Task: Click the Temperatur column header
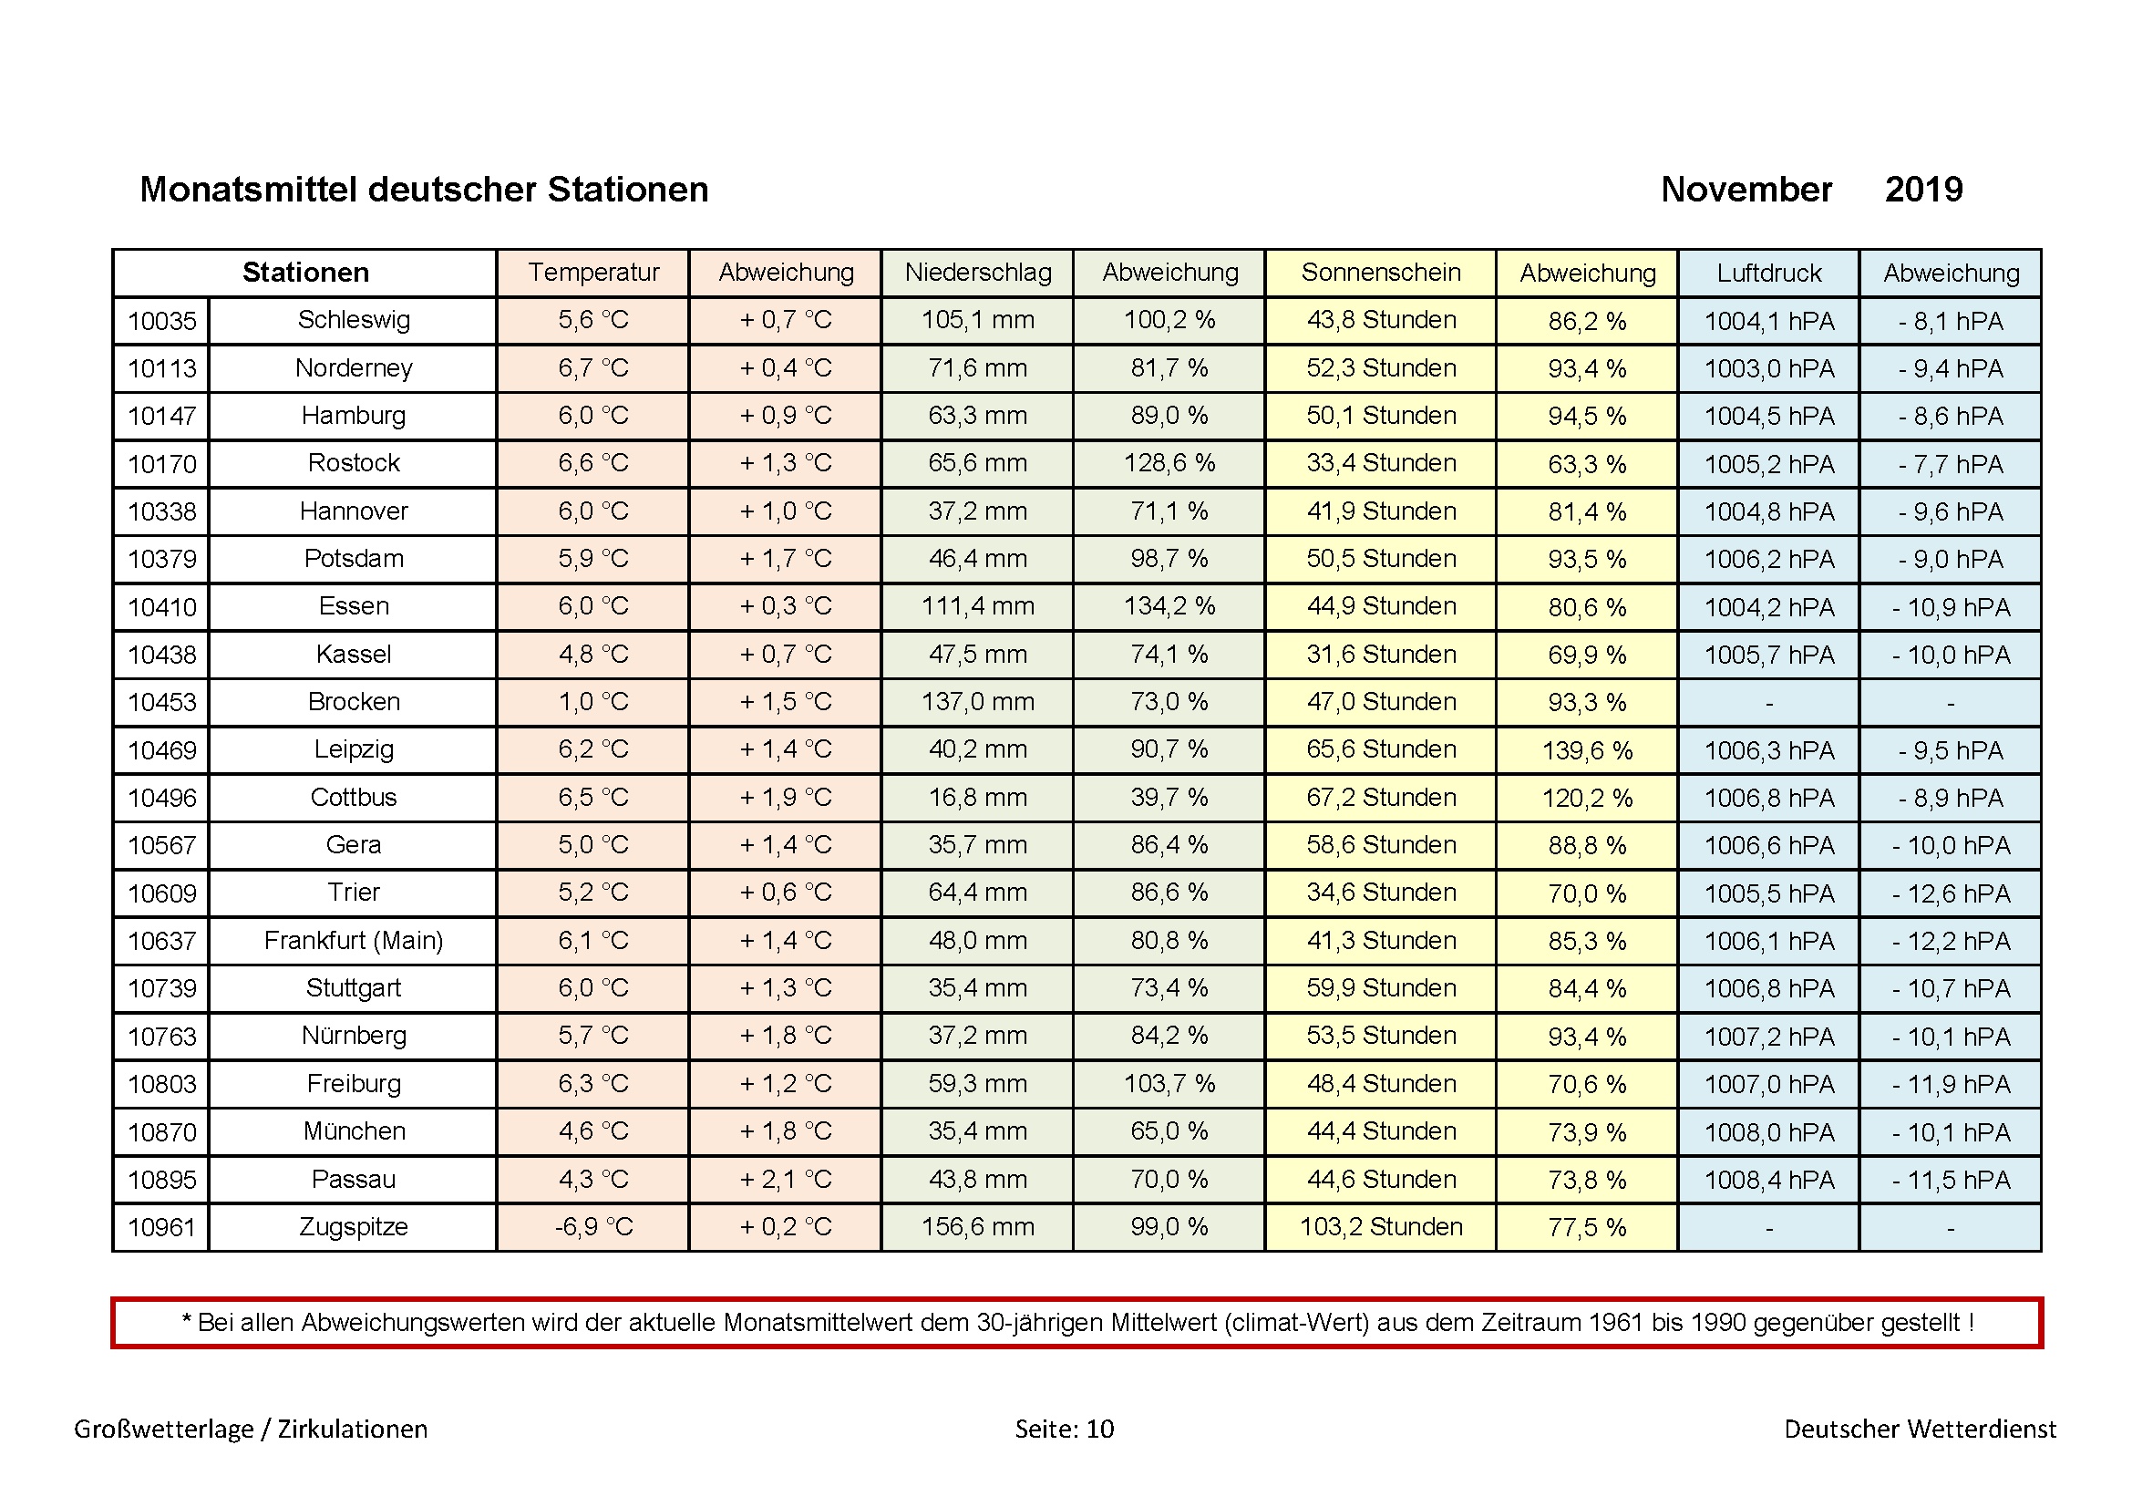point(592,273)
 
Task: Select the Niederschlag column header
point(978,273)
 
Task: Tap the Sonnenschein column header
point(1380,273)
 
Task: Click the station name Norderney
point(354,368)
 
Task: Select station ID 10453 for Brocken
point(161,703)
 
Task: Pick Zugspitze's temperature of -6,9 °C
point(592,1227)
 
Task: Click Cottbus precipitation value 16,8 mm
point(978,798)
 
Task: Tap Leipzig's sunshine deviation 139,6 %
point(1586,750)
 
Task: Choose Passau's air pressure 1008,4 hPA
point(1768,1180)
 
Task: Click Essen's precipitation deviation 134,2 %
point(1169,607)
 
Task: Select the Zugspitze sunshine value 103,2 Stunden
point(1380,1227)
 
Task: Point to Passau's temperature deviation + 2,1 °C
point(785,1180)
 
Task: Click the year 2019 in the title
point(1923,191)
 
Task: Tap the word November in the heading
point(1746,191)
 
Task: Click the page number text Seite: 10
point(1064,1429)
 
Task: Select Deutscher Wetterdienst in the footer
point(1920,1429)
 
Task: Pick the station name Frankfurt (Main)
point(354,942)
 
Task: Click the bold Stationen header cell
point(305,273)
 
